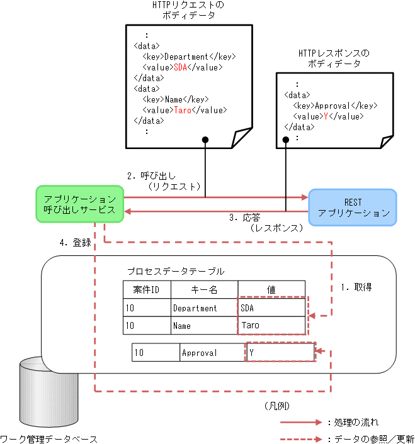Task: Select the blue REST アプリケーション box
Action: point(353,208)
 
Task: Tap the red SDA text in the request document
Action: point(180,67)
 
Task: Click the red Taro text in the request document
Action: point(182,110)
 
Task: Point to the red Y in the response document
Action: point(324,116)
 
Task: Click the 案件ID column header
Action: point(146,290)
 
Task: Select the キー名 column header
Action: point(203,290)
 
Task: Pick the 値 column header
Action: point(271,290)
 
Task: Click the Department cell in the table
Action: point(195,308)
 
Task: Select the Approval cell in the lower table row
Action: point(199,353)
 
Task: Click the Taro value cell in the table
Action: point(271,326)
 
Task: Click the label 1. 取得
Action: point(356,287)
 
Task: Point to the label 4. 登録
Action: point(75,243)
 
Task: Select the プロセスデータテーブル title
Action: point(175,271)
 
